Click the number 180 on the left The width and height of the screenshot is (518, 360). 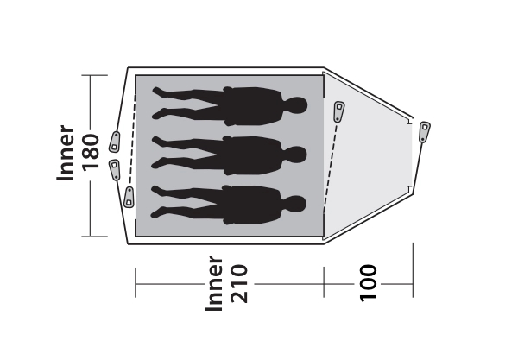(91, 152)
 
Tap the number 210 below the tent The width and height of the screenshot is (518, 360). (239, 283)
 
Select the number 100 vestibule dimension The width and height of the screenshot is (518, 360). (368, 282)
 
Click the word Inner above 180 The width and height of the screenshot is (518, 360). (66, 153)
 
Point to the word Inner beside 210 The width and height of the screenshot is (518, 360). (214, 283)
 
